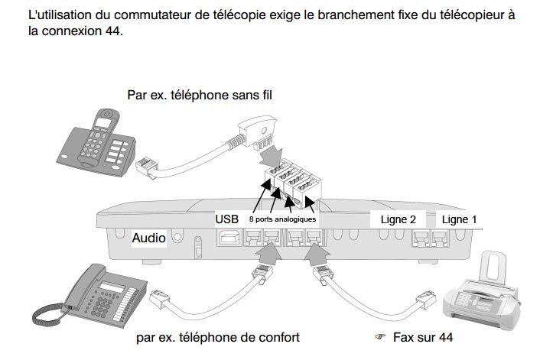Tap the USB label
[x=227, y=219]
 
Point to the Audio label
[x=148, y=238]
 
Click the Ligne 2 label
[x=398, y=219]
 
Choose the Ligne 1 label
[x=459, y=219]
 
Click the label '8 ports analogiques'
[x=283, y=219]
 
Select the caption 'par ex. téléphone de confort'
[x=217, y=337]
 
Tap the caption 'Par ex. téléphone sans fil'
[x=200, y=95]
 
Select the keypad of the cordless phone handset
[x=101, y=146]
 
